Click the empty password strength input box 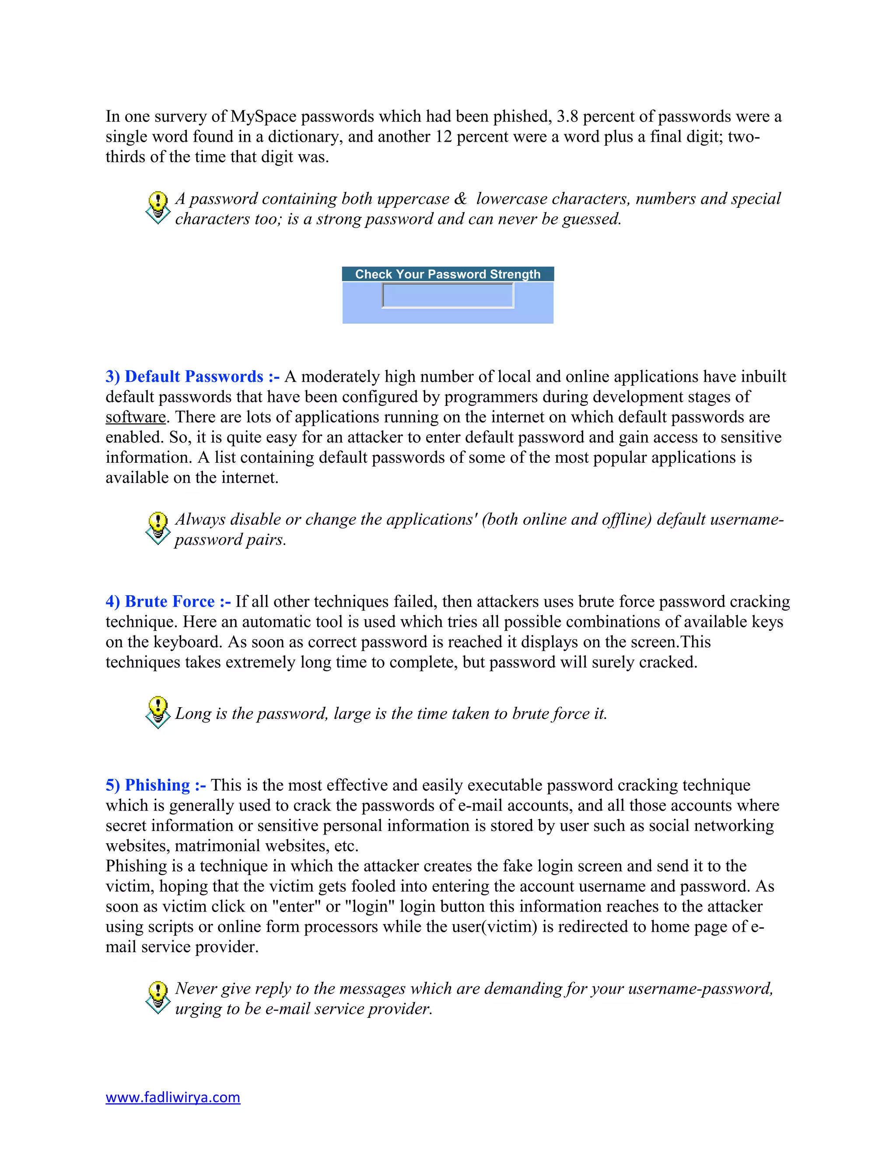(x=448, y=296)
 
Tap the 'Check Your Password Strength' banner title (x=448, y=274)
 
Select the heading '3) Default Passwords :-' (x=192, y=376)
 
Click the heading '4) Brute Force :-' (x=168, y=601)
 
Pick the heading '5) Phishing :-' (x=155, y=785)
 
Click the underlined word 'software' (x=135, y=417)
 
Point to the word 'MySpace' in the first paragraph (x=263, y=116)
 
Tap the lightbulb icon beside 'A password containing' (x=157, y=207)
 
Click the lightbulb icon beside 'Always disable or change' (x=157, y=528)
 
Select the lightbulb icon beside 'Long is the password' (x=157, y=712)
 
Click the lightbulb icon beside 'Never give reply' (x=157, y=997)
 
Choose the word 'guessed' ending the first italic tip (x=591, y=219)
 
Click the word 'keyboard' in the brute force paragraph (x=187, y=642)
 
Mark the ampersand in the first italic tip (x=460, y=199)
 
